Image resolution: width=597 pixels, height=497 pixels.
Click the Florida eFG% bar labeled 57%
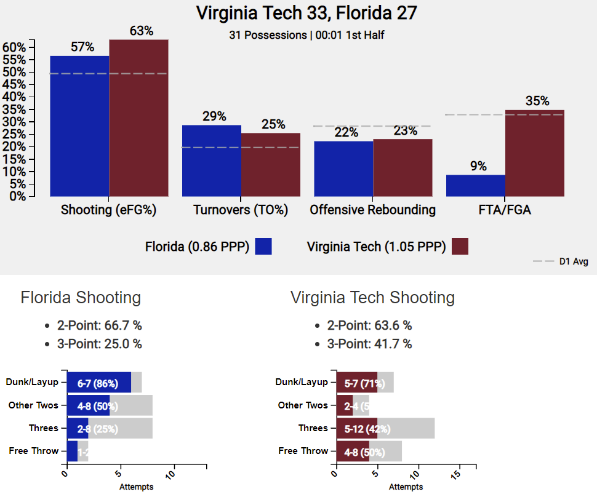pos(79,126)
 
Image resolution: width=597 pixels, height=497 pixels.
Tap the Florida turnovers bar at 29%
pos(211,161)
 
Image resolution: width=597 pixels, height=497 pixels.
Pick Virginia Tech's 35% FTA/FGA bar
pos(534,153)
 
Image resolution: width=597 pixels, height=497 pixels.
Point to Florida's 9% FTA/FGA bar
pos(475,186)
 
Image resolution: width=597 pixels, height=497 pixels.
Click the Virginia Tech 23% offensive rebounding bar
pos(403,168)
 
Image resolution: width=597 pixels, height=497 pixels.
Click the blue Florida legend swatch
pos(263,247)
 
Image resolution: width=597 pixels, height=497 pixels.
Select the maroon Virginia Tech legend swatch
pos(460,247)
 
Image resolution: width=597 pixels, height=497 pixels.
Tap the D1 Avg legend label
pos(573,261)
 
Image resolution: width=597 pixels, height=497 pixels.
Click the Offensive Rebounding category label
pos(372,210)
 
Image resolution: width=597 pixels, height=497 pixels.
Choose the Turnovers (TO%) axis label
pos(241,210)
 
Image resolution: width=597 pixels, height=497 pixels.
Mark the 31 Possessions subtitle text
pos(307,35)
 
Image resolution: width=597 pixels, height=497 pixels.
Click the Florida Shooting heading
pos(81,298)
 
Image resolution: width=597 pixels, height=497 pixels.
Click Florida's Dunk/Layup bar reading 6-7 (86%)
pos(98,383)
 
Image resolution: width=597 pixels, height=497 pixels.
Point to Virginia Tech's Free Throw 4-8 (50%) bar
pos(353,451)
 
